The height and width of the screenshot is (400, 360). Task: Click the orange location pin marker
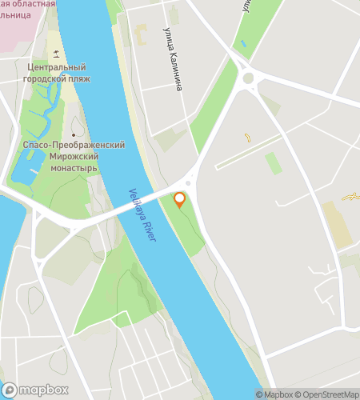(x=180, y=199)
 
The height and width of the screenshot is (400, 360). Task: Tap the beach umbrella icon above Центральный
(x=55, y=54)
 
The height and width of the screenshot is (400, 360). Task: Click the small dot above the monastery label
(x=74, y=134)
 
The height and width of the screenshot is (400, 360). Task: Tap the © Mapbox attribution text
(x=274, y=394)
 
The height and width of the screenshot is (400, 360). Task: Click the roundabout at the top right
(x=248, y=78)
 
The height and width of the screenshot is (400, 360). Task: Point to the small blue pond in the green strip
(x=243, y=43)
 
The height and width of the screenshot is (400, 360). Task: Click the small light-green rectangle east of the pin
(x=274, y=163)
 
